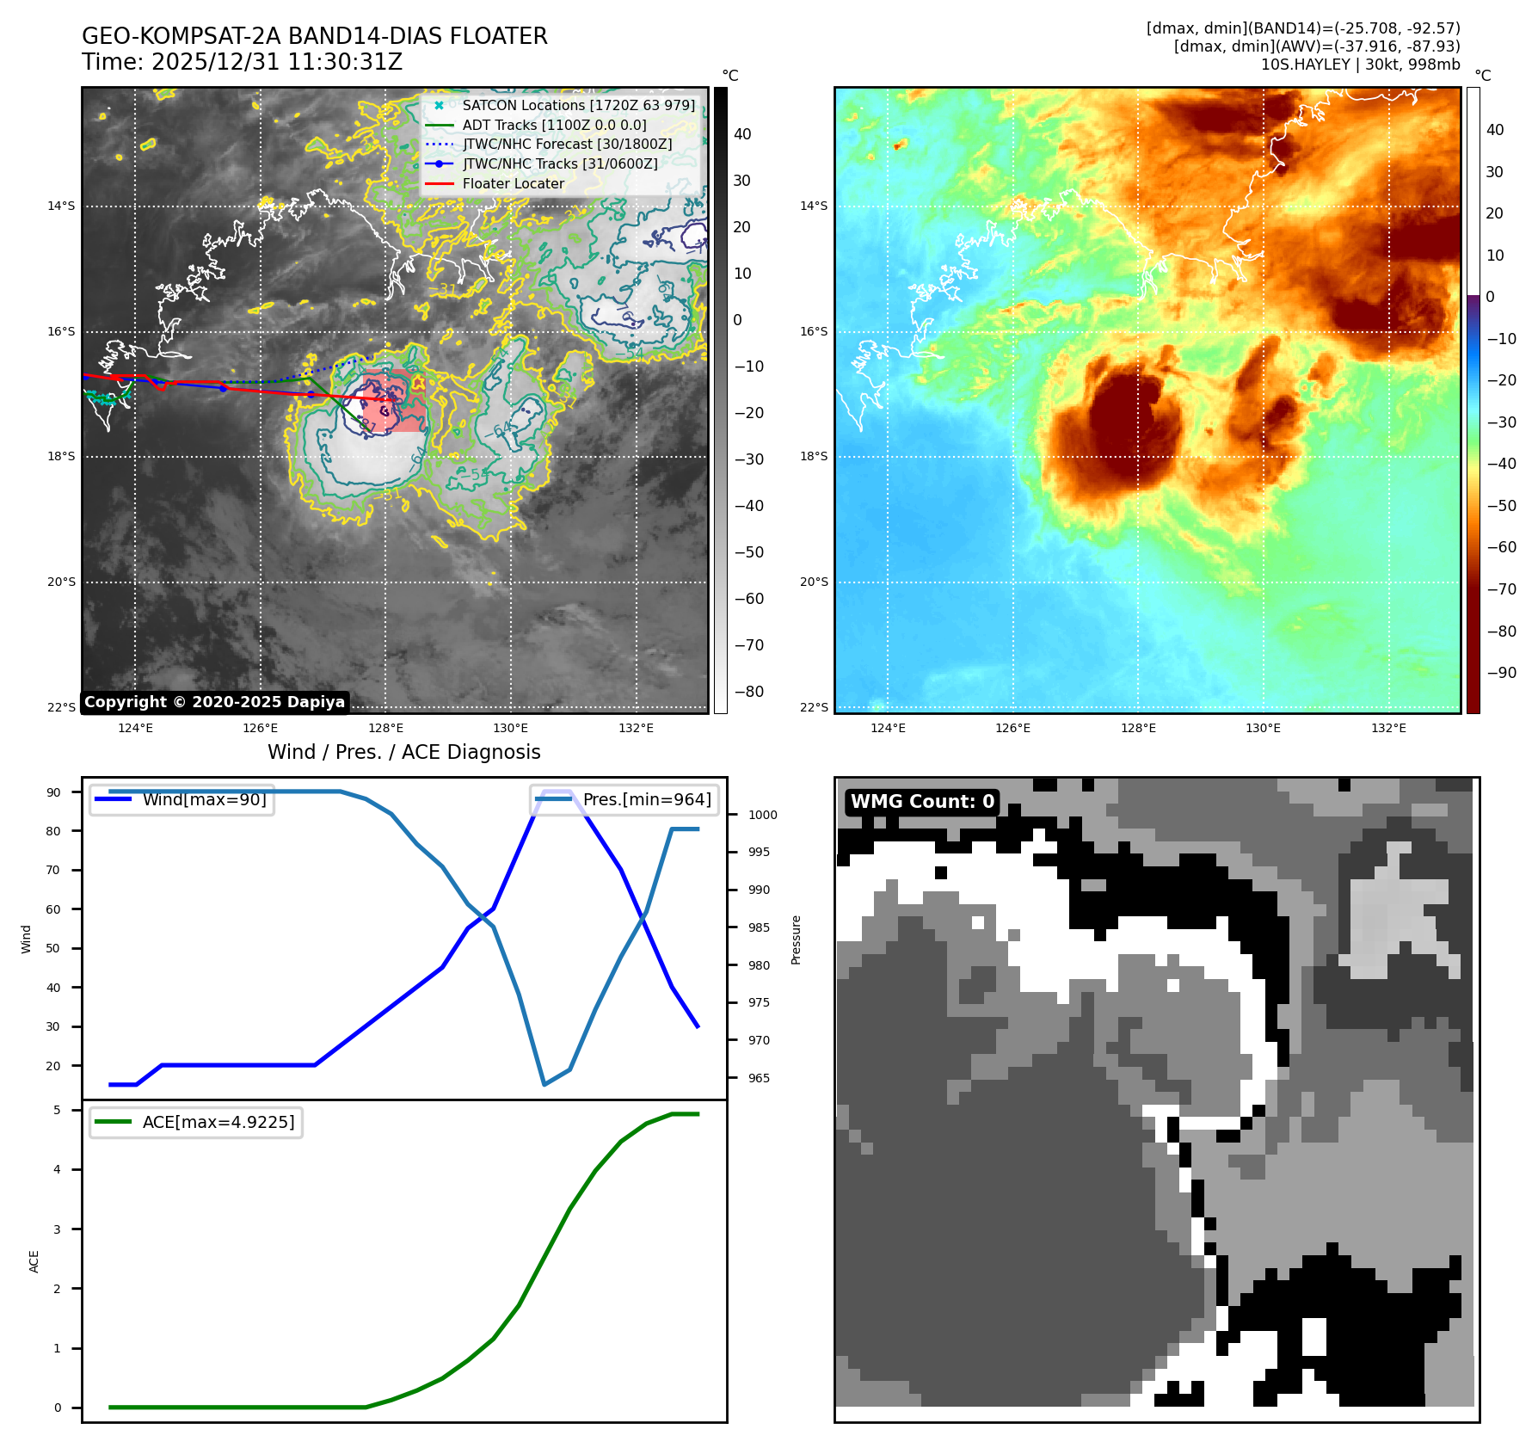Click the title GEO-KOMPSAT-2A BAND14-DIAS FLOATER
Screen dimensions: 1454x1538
click(314, 36)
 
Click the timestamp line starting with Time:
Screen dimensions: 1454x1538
click(242, 62)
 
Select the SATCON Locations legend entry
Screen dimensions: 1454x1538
click(578, 105)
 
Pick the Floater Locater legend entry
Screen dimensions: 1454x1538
click(513, 183)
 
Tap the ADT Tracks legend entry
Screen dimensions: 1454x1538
click(554, 125)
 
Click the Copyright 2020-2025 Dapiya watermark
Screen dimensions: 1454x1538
click(214, 702)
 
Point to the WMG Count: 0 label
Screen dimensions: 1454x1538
click(922, 802)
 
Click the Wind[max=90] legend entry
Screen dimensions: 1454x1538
click(204, 799)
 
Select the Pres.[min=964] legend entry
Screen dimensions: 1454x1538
click(647, 799)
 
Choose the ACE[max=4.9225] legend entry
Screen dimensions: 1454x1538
click(218, 1122)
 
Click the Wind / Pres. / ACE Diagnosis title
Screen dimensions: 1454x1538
click(403, 752)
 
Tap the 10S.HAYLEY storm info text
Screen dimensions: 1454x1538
click(1360, 65)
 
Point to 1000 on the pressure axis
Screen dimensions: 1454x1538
click(762, 815)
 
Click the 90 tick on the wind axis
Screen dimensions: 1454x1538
click(53, 792)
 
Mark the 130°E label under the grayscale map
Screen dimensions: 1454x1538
click(510, 728)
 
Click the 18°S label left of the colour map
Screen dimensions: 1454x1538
click(814, 456)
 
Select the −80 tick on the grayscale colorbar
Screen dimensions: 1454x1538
click(748, 692)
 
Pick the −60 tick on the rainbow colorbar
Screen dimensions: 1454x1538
click(1502, 547)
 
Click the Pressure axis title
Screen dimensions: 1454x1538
click(796, 940)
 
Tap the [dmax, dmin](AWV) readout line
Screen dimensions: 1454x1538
click(1316, 46)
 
